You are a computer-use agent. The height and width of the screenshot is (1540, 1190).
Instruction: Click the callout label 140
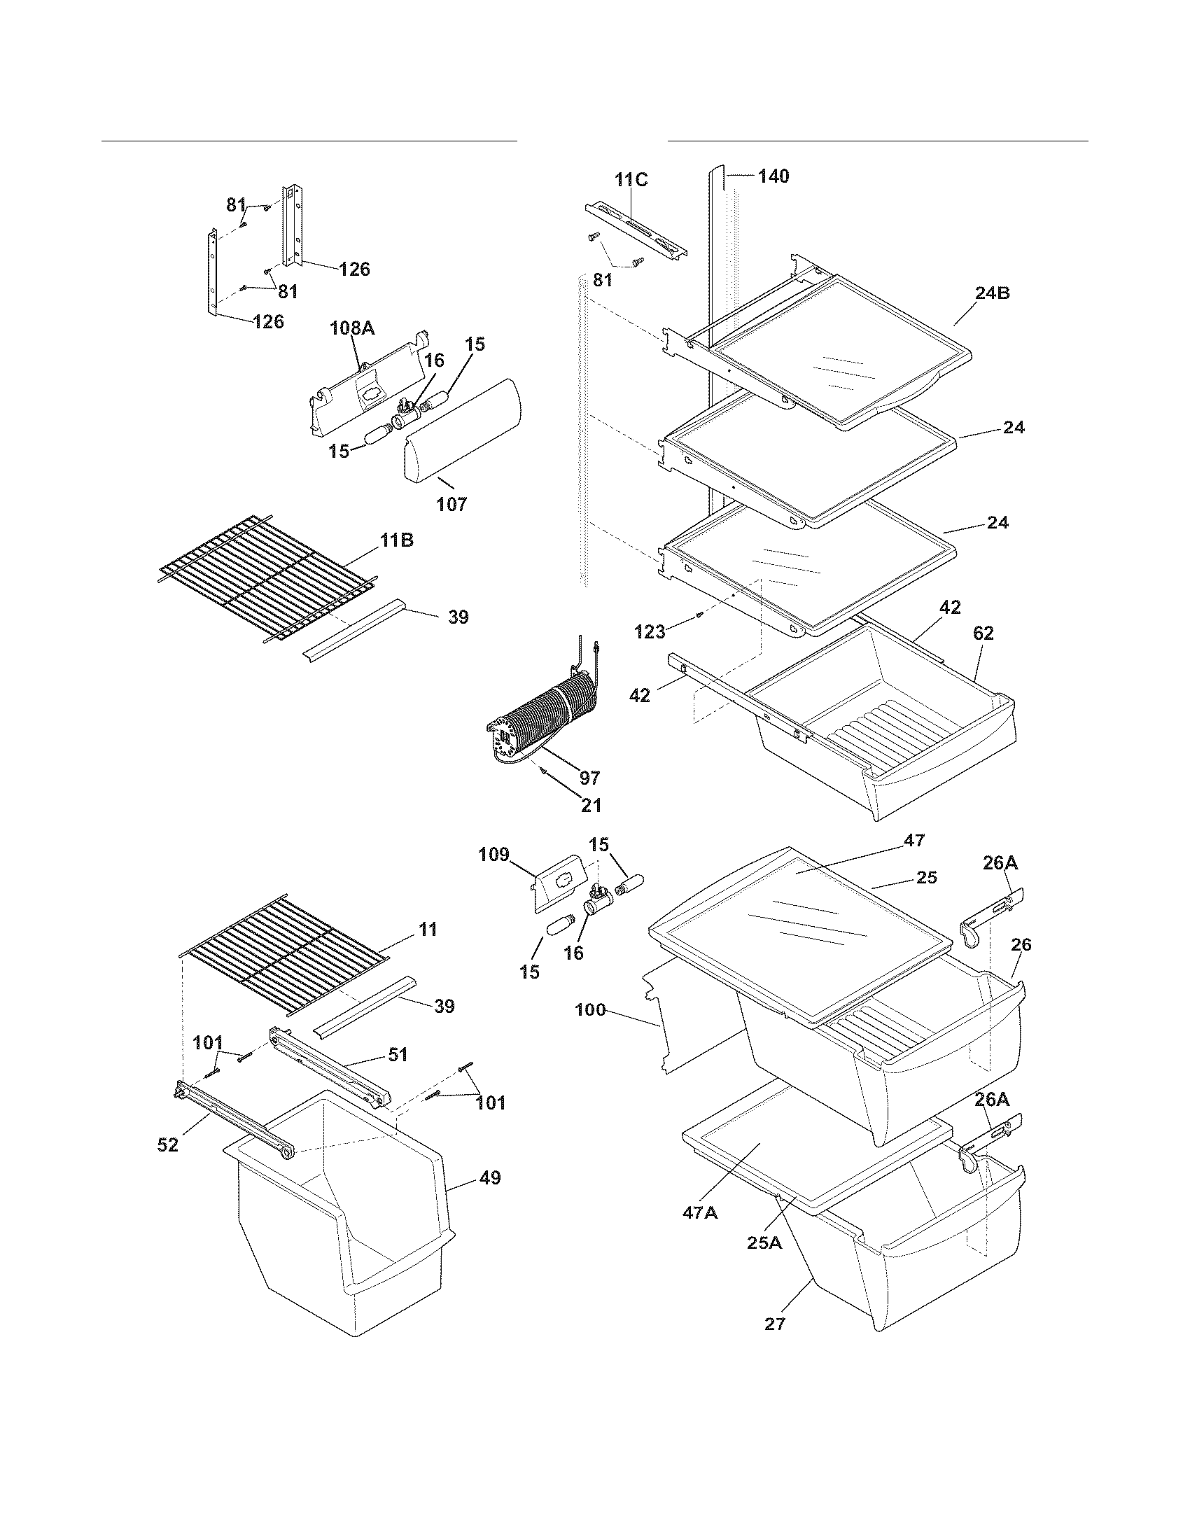[773, 176]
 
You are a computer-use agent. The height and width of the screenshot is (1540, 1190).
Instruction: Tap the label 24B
[992, 293]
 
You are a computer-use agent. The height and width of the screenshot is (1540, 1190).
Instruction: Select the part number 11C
[631, 179]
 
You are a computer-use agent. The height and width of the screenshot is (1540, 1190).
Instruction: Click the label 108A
[353, 328]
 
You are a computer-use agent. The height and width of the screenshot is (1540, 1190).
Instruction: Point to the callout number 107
[451, 504]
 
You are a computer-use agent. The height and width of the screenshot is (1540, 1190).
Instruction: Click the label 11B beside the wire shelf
[397, 541]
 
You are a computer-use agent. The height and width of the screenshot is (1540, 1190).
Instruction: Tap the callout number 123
[650, 632]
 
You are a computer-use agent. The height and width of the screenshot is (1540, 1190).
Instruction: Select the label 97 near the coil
[589, 778]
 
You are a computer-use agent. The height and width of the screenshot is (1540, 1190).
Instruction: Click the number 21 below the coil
[591, 804]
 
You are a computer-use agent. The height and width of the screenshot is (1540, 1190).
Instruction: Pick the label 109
[493, 855]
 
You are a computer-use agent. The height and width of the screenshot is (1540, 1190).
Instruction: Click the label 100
[590, 1009]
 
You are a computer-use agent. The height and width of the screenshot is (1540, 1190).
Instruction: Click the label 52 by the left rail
[168, 1146]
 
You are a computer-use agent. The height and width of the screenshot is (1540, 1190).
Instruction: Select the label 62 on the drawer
[983, 633]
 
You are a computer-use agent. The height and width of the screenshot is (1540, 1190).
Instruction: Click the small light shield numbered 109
[557, 881]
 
